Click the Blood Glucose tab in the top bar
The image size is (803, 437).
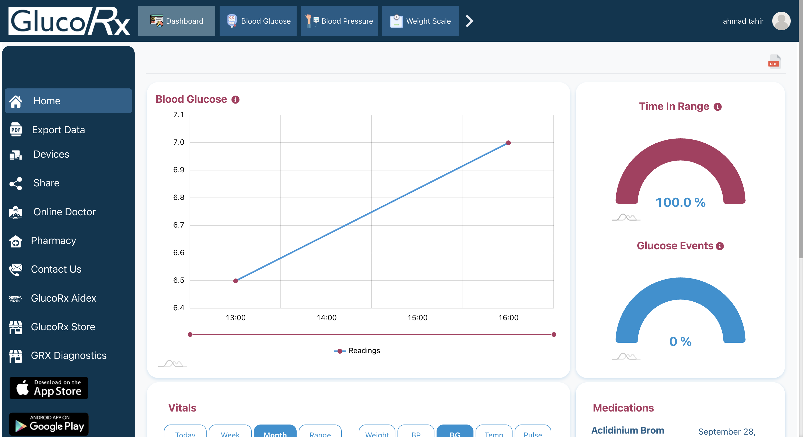click(x=258, y=21)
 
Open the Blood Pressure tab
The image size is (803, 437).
click(x=339, y=21)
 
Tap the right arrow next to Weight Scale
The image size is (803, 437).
click(x=469, y=21)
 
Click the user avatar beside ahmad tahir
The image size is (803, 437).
click(x=781, y=21)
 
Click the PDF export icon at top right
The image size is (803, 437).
click(x=774, y=61)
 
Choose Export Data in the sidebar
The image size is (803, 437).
click(x=58, y=130)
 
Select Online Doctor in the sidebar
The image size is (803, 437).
click(x=64, y=212)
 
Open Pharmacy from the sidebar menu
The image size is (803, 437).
click(x=53, y=241)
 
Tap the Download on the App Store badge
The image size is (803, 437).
click(x=49, y=388)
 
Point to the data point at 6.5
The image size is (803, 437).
click(x=236, y=281)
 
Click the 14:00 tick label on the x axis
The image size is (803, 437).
click(x=326, y=318)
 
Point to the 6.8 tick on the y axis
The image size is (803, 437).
click(x=179, y=197)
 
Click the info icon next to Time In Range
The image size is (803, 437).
click(x=717, y=107)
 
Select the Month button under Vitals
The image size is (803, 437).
click(x=275, y=433)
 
